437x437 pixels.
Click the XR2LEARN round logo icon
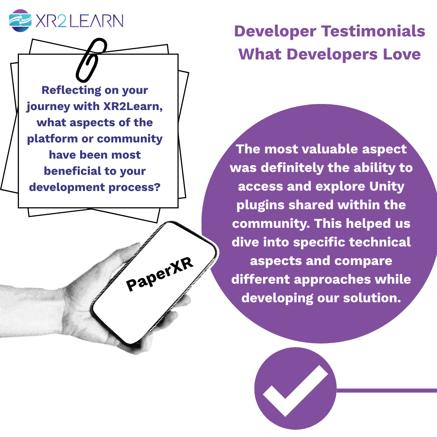click(x=20, y=21)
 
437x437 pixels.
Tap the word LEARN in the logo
click(x=96, y=21)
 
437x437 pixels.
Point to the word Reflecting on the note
click(x=71, y=91)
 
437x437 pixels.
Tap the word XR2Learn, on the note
click(x=133, y=106)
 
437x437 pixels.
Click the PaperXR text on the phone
click(x=160, y=274)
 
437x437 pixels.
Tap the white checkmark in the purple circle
click(x=295, y=390)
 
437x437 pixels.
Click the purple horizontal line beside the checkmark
click(x=386, y=390)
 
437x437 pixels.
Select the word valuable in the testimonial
click(x=330, y=149)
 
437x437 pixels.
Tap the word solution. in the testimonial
click(x=372, y=298)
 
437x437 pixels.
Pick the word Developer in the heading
click(x=276, y=32)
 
